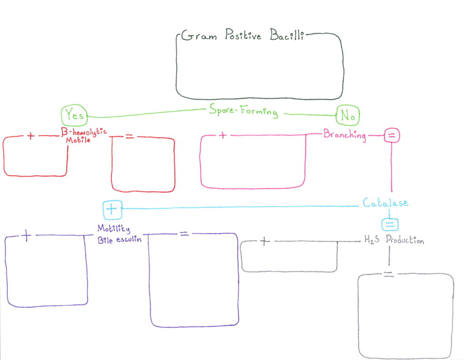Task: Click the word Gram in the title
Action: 199,35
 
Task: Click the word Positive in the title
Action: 243,34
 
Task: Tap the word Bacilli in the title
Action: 287,34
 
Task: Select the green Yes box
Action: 74,115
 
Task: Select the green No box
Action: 348,115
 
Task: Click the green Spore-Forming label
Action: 244,111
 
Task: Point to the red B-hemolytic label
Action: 84,132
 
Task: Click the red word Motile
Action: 78,140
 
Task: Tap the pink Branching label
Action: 344,135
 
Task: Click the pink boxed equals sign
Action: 392,136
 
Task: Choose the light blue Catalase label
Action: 385,203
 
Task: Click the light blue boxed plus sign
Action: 112,209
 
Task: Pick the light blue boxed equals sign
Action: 390,224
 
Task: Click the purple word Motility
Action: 114,228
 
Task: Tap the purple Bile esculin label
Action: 120,239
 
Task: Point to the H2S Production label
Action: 394,239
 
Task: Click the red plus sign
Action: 30,136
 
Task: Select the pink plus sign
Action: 223,135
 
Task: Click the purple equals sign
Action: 184,233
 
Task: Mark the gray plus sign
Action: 264,241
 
